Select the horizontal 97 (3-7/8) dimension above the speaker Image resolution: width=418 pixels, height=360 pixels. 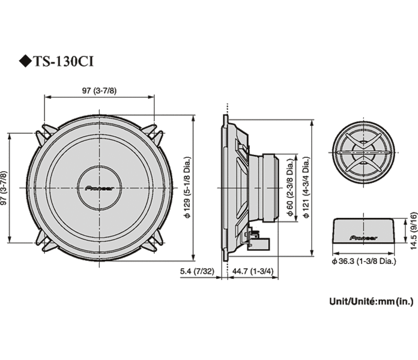[x=100, y=90]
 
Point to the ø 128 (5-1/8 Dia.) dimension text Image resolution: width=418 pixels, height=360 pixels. [x=187, y=187]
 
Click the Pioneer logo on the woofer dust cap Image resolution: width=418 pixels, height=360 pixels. [x=100, y=187]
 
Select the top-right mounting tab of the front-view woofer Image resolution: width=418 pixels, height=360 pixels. [x=156, y=133]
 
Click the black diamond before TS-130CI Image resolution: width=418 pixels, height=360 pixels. [x=24, y=61]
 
